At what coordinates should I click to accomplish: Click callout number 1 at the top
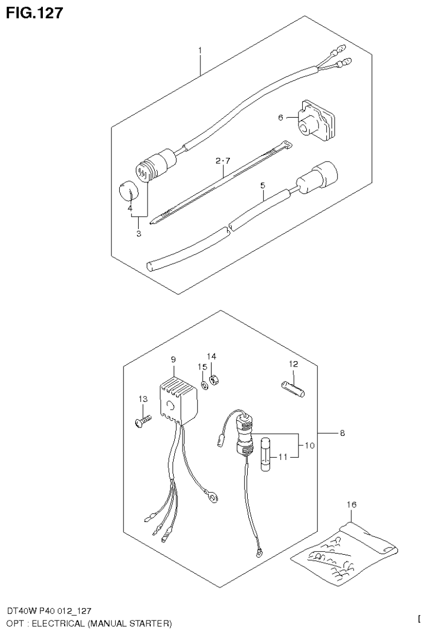pos(200,51)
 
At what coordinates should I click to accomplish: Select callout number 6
pos(281,118)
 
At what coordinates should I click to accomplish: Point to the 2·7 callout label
pos(222,162)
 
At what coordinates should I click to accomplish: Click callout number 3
pos(139,234)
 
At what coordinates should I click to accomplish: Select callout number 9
pos(173,359)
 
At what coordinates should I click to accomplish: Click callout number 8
pos(341,432)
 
